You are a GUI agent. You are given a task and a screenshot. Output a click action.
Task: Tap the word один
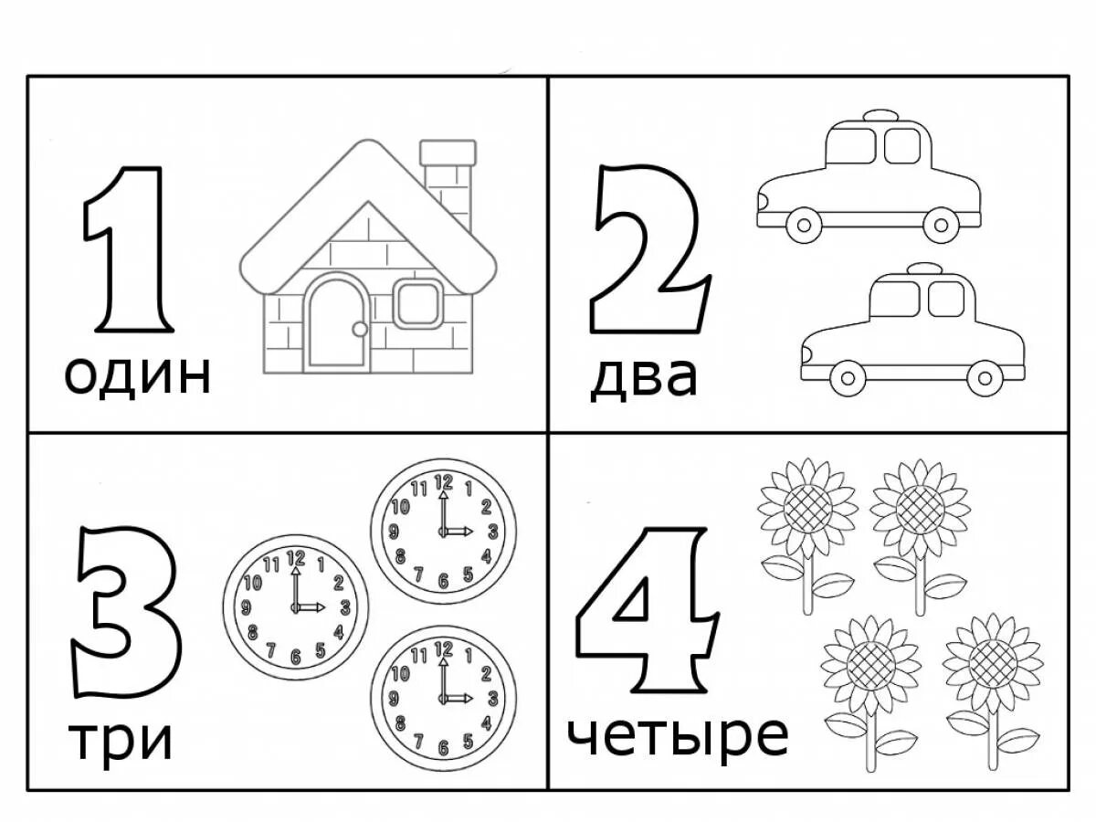(137, 374)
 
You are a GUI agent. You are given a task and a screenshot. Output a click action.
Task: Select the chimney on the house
(448, 178)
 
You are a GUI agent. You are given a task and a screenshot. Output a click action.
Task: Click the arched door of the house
(336, 324)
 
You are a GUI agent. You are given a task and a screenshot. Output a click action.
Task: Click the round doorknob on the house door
(360, 328)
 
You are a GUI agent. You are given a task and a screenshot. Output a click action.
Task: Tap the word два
(643, 377)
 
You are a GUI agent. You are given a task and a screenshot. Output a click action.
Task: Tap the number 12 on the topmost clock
(444, 481)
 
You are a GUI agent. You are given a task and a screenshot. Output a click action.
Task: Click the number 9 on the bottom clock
(394, 699)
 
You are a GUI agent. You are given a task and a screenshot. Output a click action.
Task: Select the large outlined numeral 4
(645, 607)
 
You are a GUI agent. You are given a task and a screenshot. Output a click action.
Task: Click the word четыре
(676, 735)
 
